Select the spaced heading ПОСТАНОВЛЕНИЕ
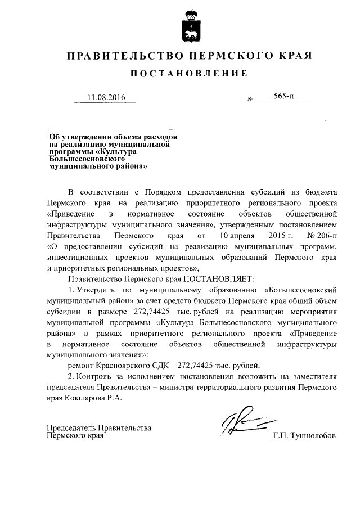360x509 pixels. point(189,74)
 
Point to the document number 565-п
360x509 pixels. point(284,97)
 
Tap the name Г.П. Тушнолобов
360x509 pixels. point(303,436)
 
